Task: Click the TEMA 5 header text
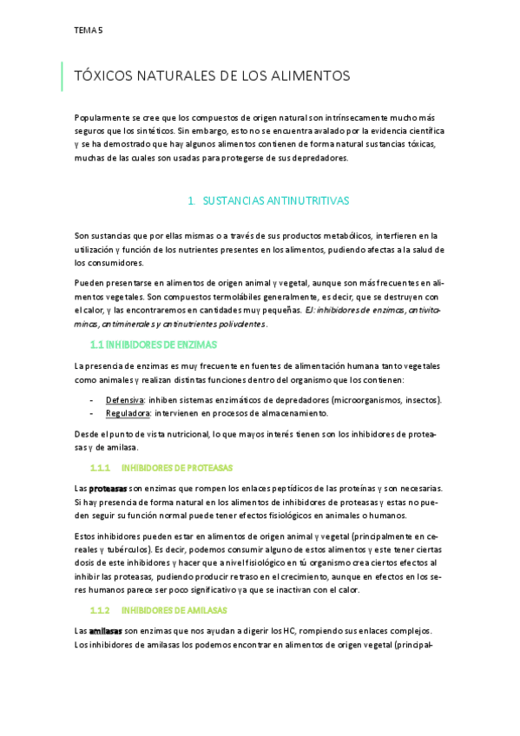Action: (x=89, y=30)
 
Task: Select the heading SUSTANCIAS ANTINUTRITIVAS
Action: (x=275, y=200)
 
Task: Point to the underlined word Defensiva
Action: (x=125, y=399)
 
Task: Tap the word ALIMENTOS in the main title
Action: (x=308, y=76)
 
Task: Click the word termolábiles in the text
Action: (x=249, y=296)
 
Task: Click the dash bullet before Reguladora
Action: (x=93, y=413)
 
